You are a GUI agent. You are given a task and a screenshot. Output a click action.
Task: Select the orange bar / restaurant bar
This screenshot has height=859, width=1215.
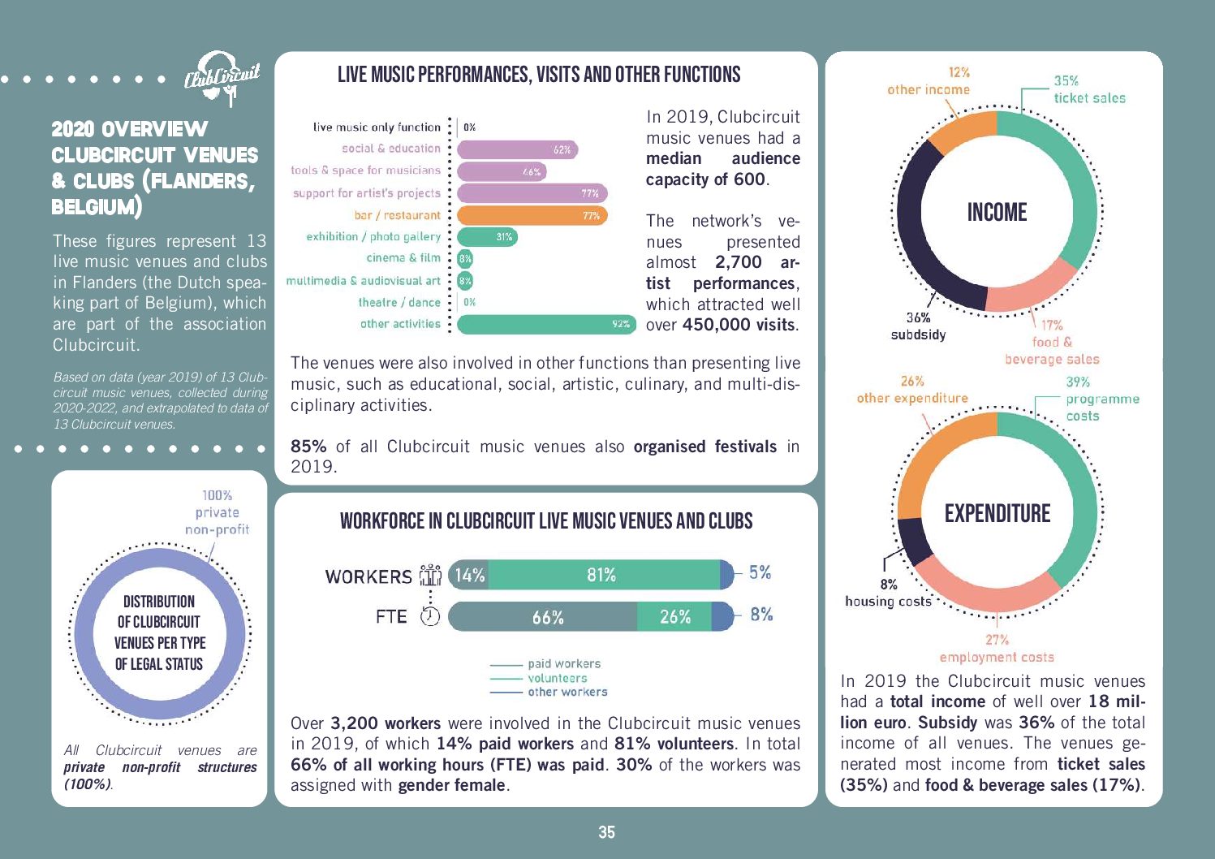click(532, 215)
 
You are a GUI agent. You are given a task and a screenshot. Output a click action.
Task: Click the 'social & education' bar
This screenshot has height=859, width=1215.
click(517, 149)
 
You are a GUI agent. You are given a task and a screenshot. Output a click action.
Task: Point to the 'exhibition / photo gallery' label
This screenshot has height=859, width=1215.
click(373, 236)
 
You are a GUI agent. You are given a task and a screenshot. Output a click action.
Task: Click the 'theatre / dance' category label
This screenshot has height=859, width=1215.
click(399, 302)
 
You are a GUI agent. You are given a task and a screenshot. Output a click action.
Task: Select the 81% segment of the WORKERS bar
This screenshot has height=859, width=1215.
click(603, 575)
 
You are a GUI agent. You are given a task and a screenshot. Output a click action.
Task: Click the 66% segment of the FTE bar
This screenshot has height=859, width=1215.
click(543, 617)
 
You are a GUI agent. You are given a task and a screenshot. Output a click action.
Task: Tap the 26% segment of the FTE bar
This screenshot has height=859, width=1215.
click(674, 617)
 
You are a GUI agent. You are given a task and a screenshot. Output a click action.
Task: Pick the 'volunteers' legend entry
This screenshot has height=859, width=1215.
click(557, 678)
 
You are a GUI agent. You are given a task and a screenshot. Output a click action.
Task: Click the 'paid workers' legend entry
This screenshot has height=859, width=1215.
click(563, 663)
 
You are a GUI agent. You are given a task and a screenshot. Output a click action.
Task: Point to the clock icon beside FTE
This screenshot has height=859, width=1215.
click(429, 616)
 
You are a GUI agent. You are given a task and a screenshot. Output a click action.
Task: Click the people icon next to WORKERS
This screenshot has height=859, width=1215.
click(429, 575)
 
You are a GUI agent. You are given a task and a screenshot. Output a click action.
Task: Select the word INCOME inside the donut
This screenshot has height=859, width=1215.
click(997, 213)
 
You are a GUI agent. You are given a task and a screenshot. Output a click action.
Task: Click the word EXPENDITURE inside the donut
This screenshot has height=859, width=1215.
click(997, 513)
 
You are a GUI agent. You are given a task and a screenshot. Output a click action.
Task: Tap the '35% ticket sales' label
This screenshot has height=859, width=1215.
click(1088, 89)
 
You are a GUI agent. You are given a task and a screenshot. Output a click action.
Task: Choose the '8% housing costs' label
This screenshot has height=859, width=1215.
click(888, 593)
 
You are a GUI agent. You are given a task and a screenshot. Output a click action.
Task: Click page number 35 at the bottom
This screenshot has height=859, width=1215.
click(606, 832)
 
